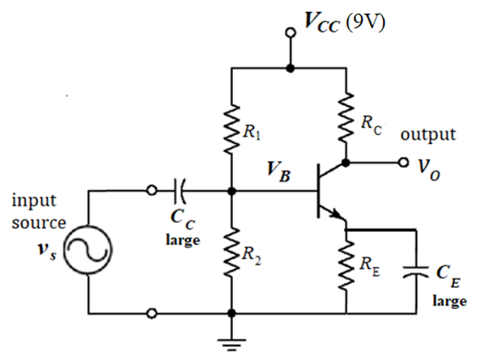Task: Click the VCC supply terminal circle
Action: click(x=291, y=33)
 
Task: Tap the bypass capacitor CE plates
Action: click(x=414, y=274)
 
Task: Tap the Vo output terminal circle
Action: click(x=404, y=162)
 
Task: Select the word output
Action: click(x=428, y=135)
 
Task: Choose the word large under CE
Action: click(x=449, y=301)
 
